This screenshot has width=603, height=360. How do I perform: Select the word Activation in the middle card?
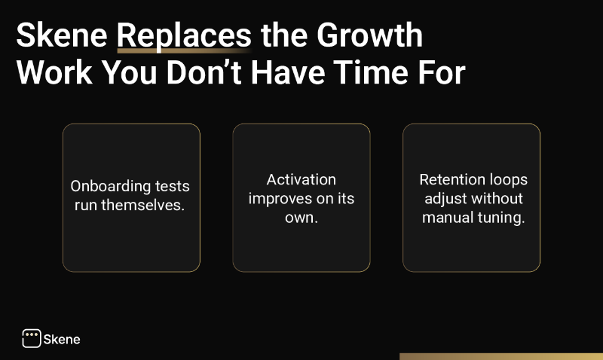click(x=301, y=180)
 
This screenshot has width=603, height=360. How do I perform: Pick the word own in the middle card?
click(x=301, y=217)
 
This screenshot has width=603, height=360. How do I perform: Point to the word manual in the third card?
click(x=447, y=217)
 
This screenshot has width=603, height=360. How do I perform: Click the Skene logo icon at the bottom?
click(x=31, y=338)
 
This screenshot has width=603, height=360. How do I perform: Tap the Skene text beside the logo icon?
click(x=63, y=339)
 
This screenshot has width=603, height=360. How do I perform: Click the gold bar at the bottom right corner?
click(x=500, y=356)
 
